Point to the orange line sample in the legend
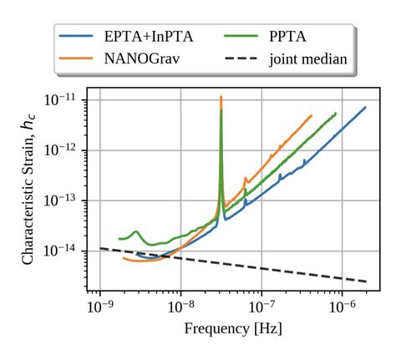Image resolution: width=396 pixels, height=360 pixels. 76,58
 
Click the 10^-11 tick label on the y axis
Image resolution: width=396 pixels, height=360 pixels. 63,99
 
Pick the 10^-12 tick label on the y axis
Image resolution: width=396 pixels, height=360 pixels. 63,150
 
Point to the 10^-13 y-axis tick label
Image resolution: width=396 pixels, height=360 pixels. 63,200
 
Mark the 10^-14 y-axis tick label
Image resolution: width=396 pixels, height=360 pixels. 63,251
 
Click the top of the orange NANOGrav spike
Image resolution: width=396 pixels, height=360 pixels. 221,97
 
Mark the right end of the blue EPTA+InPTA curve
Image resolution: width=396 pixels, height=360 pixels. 365,107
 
